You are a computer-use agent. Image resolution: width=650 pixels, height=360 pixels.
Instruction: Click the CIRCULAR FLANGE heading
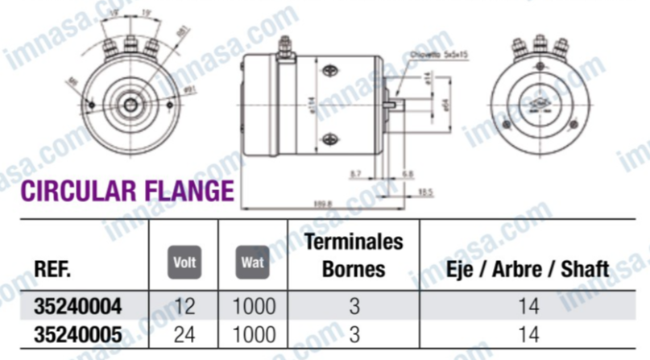(x=126, y=191)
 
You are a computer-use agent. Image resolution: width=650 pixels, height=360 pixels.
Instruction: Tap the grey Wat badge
(x=253, y=263)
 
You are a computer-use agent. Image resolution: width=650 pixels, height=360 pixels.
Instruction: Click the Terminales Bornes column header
(x=354, y=254)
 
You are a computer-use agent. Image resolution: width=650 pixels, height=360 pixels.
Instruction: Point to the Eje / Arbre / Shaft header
(x=528, y=267)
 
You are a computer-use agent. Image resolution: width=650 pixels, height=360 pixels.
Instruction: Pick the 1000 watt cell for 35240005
(x=254, y=333)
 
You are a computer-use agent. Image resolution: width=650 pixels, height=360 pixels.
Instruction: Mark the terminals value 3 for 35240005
(x=354, y=333)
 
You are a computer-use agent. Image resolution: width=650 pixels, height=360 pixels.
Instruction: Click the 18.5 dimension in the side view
(x=426, y=192)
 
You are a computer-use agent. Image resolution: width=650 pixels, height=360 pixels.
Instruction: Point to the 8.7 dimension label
(x=357, y=173)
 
